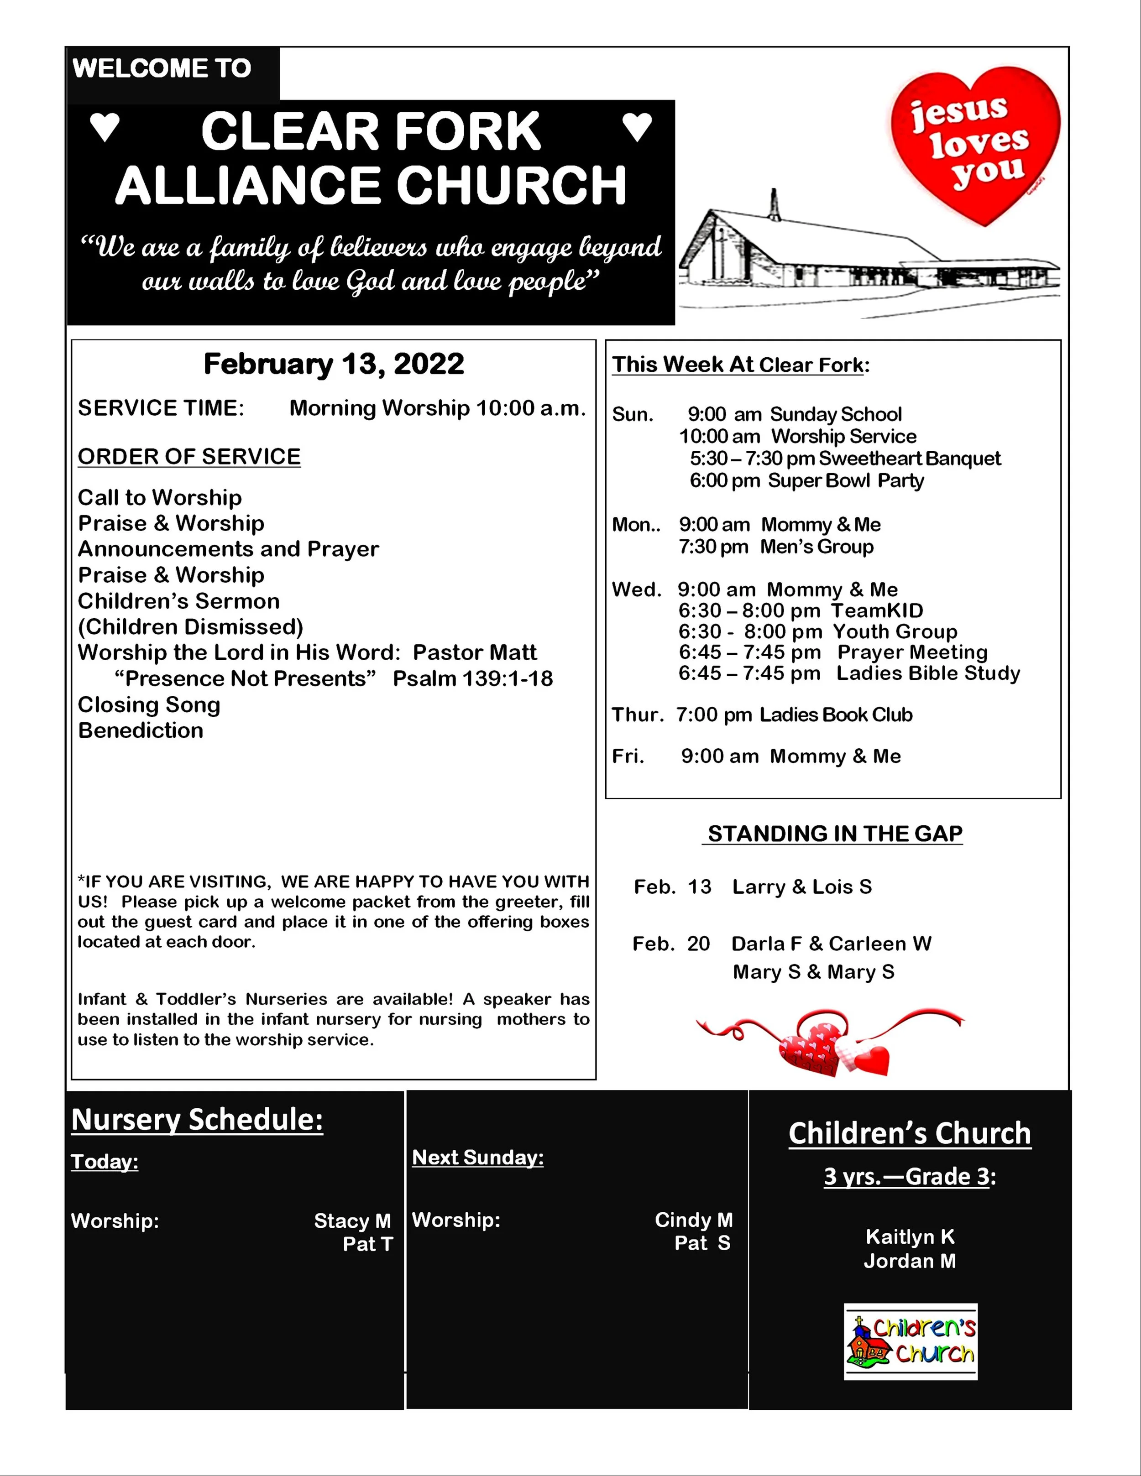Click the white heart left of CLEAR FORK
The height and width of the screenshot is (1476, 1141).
[105, 127]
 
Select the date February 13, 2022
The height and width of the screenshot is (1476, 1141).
[334, 364]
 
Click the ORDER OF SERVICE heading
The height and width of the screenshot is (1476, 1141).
[189, 457]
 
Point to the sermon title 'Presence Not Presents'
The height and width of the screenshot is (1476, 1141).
[245, 678]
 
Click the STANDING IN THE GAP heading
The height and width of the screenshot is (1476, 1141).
[835, 834]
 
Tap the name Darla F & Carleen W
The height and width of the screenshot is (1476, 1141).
[832, 944]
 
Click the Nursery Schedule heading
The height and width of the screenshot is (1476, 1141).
[197, 1120]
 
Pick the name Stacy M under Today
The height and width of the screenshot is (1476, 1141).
[352, 1221]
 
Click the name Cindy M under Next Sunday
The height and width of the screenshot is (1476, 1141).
[694, 1220]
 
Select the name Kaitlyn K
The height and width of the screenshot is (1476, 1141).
[910, 1237]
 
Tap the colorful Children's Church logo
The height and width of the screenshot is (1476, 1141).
[911, 1341]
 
